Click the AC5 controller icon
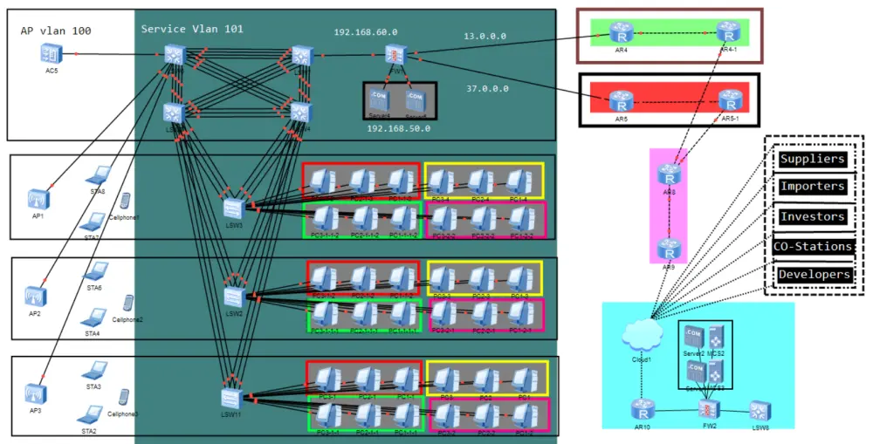(51, 53)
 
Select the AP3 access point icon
(35, 393)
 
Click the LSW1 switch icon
(233, 208)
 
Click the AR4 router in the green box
(621, 34)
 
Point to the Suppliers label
(812, 159)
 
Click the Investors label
(812, 216)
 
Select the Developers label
(814, 274)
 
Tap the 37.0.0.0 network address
(487, 88)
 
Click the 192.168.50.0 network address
(399, 128)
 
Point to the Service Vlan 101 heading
(192, 29)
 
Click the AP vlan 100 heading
(56, 31)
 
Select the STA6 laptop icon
(94, 271)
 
